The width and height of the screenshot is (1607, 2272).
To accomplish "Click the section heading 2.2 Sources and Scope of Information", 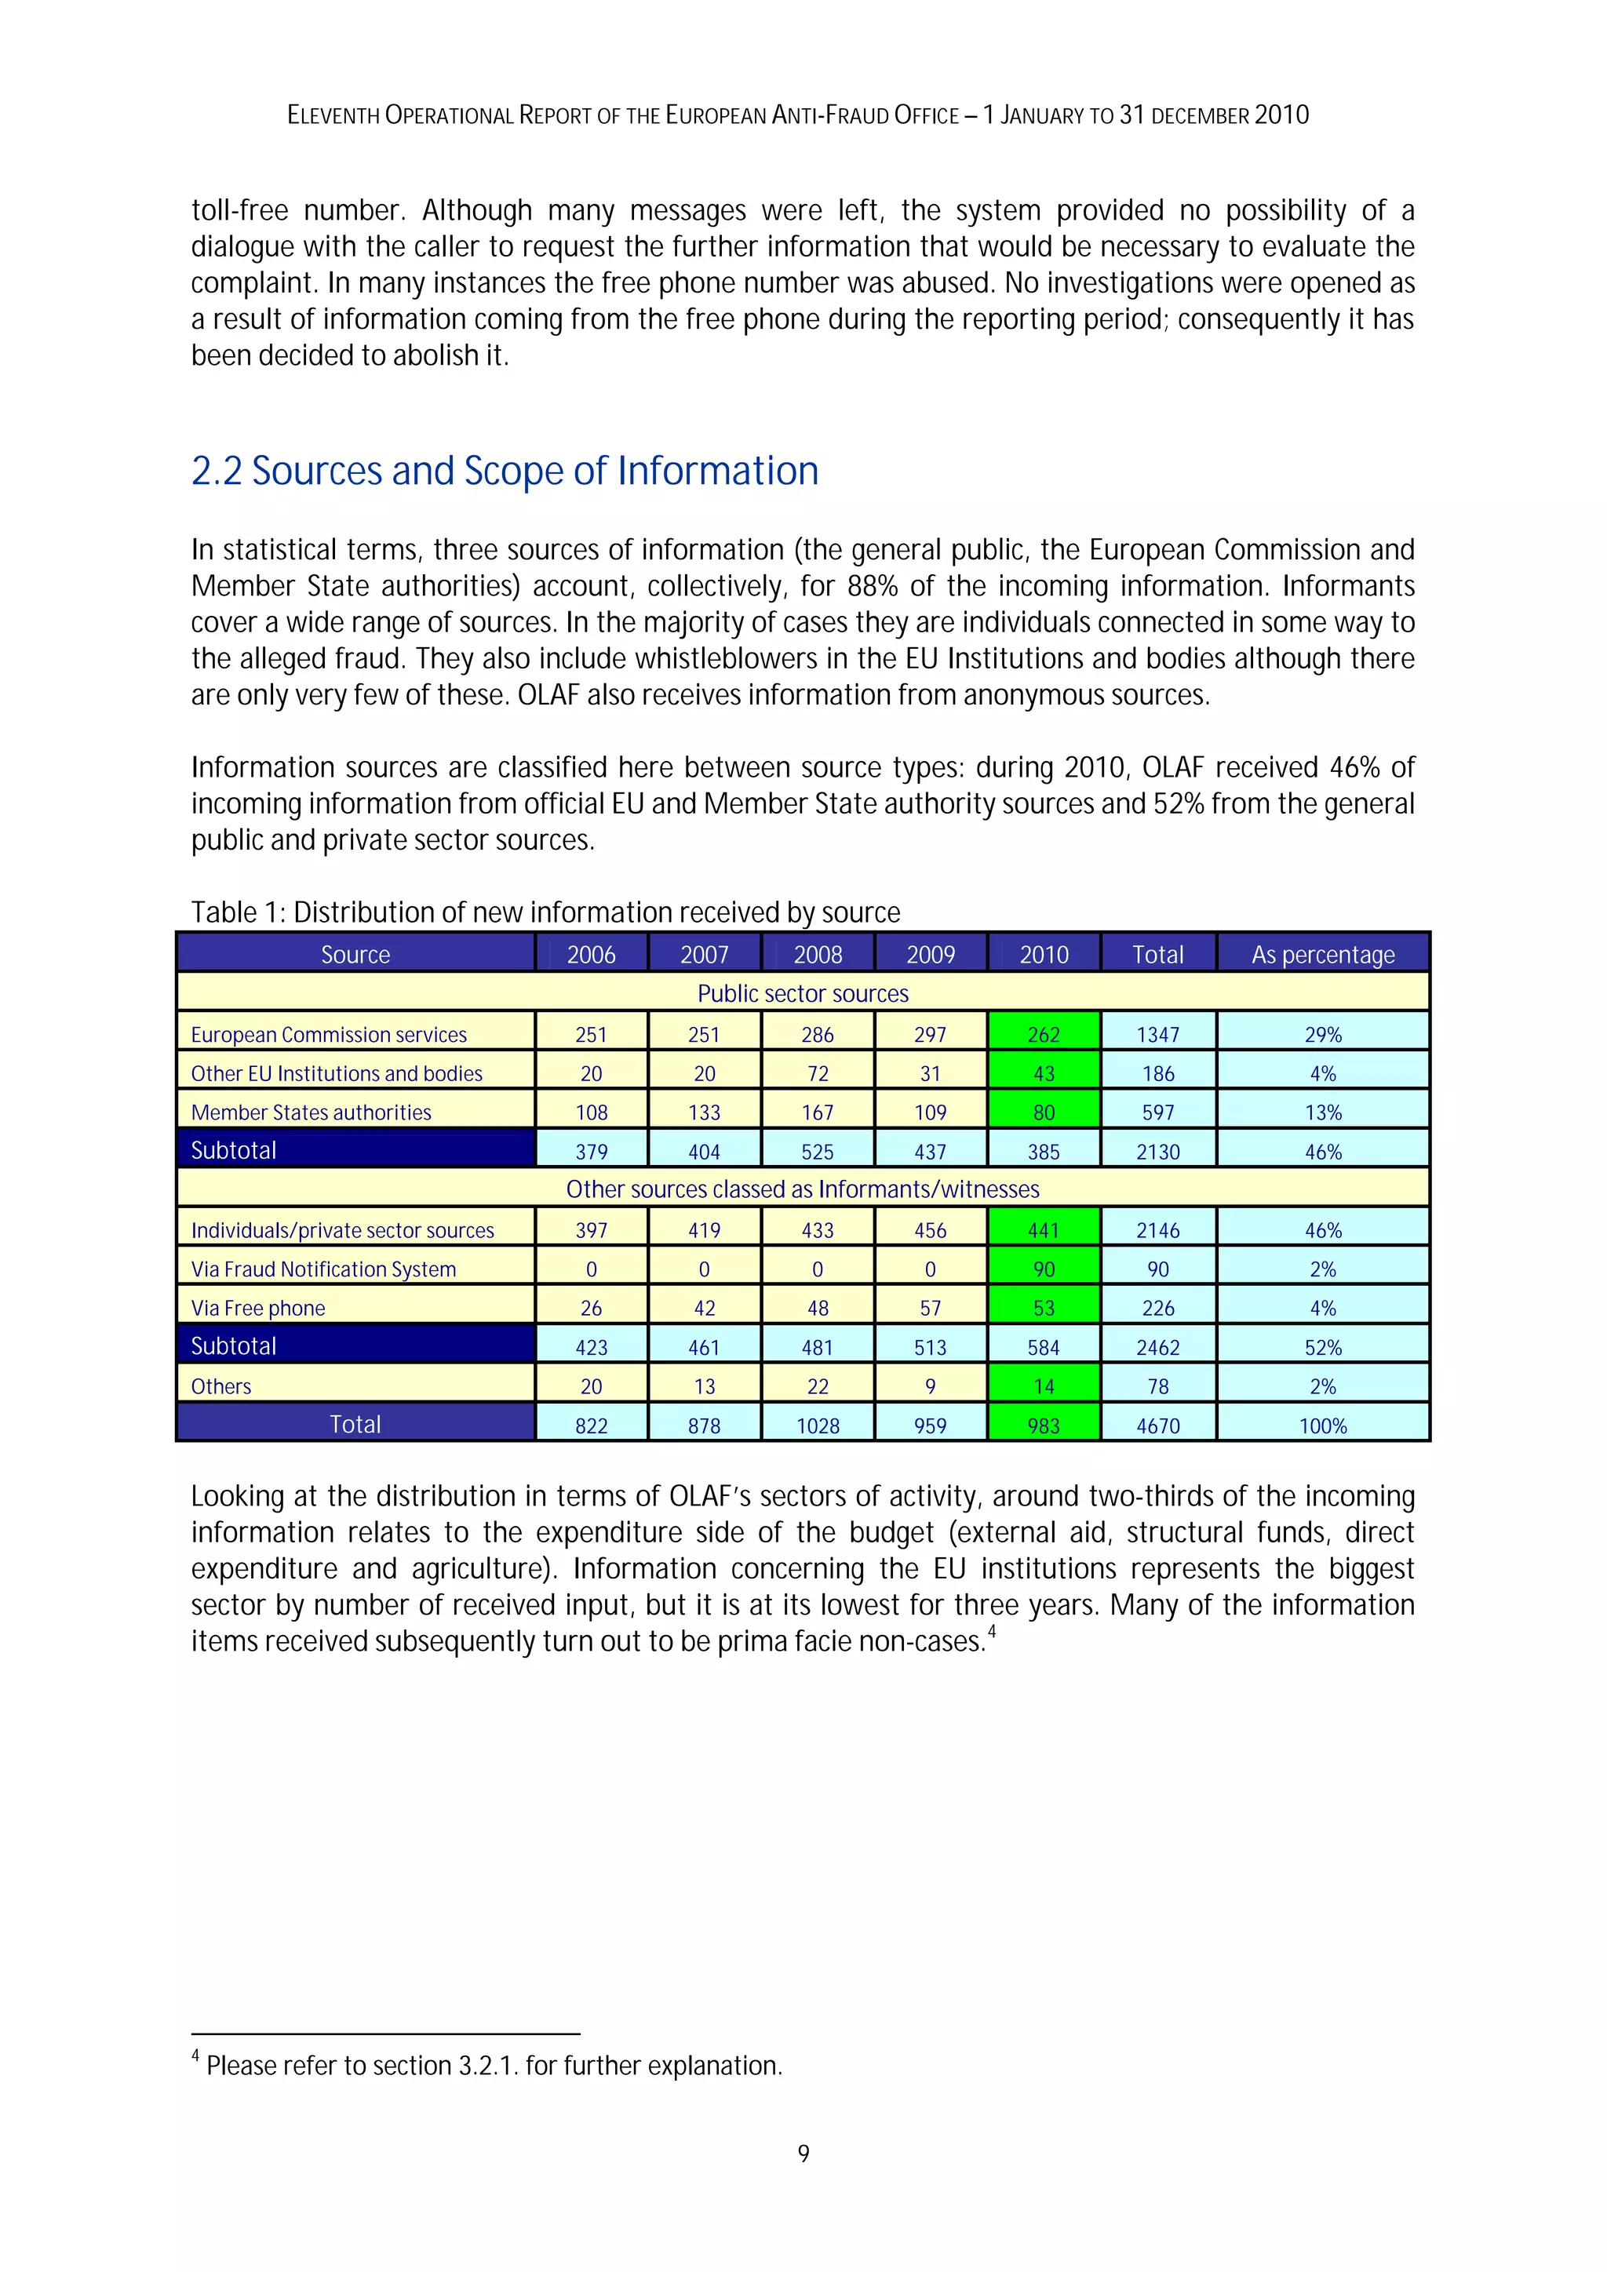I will click(x=505, y=471).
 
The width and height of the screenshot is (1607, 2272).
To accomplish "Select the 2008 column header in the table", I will click(x=818, y=954).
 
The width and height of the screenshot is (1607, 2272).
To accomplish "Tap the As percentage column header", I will click(x=1322, y=954).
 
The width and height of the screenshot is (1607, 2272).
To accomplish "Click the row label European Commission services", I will click(x=329, y=1034).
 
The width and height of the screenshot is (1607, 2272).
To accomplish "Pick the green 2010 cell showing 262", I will click(x=1043, y=1034).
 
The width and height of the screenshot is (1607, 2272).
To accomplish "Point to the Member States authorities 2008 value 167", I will click(x=818, y=1112).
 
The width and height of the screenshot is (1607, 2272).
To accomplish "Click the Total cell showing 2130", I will click(x=1157, y=1152).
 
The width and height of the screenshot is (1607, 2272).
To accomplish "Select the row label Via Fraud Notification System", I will click(x=323, y=1269).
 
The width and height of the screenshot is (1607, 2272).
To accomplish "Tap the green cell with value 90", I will click(x=1043, y=1269).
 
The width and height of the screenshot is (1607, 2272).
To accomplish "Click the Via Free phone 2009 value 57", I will click(x=930, y=1308).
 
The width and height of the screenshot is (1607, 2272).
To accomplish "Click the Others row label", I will click(x=220, y=1386).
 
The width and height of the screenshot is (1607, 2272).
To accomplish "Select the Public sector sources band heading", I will click(x=803, y=993).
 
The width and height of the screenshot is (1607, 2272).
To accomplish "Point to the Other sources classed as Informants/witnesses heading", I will click(x=803, y=1189).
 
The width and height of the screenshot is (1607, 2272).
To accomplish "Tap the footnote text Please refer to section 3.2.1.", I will click(x=494, y=2066).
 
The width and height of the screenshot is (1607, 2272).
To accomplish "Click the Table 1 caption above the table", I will click(x=545, y=912).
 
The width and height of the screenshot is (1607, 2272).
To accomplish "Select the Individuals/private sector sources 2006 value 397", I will click(x=591, y=1230).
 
